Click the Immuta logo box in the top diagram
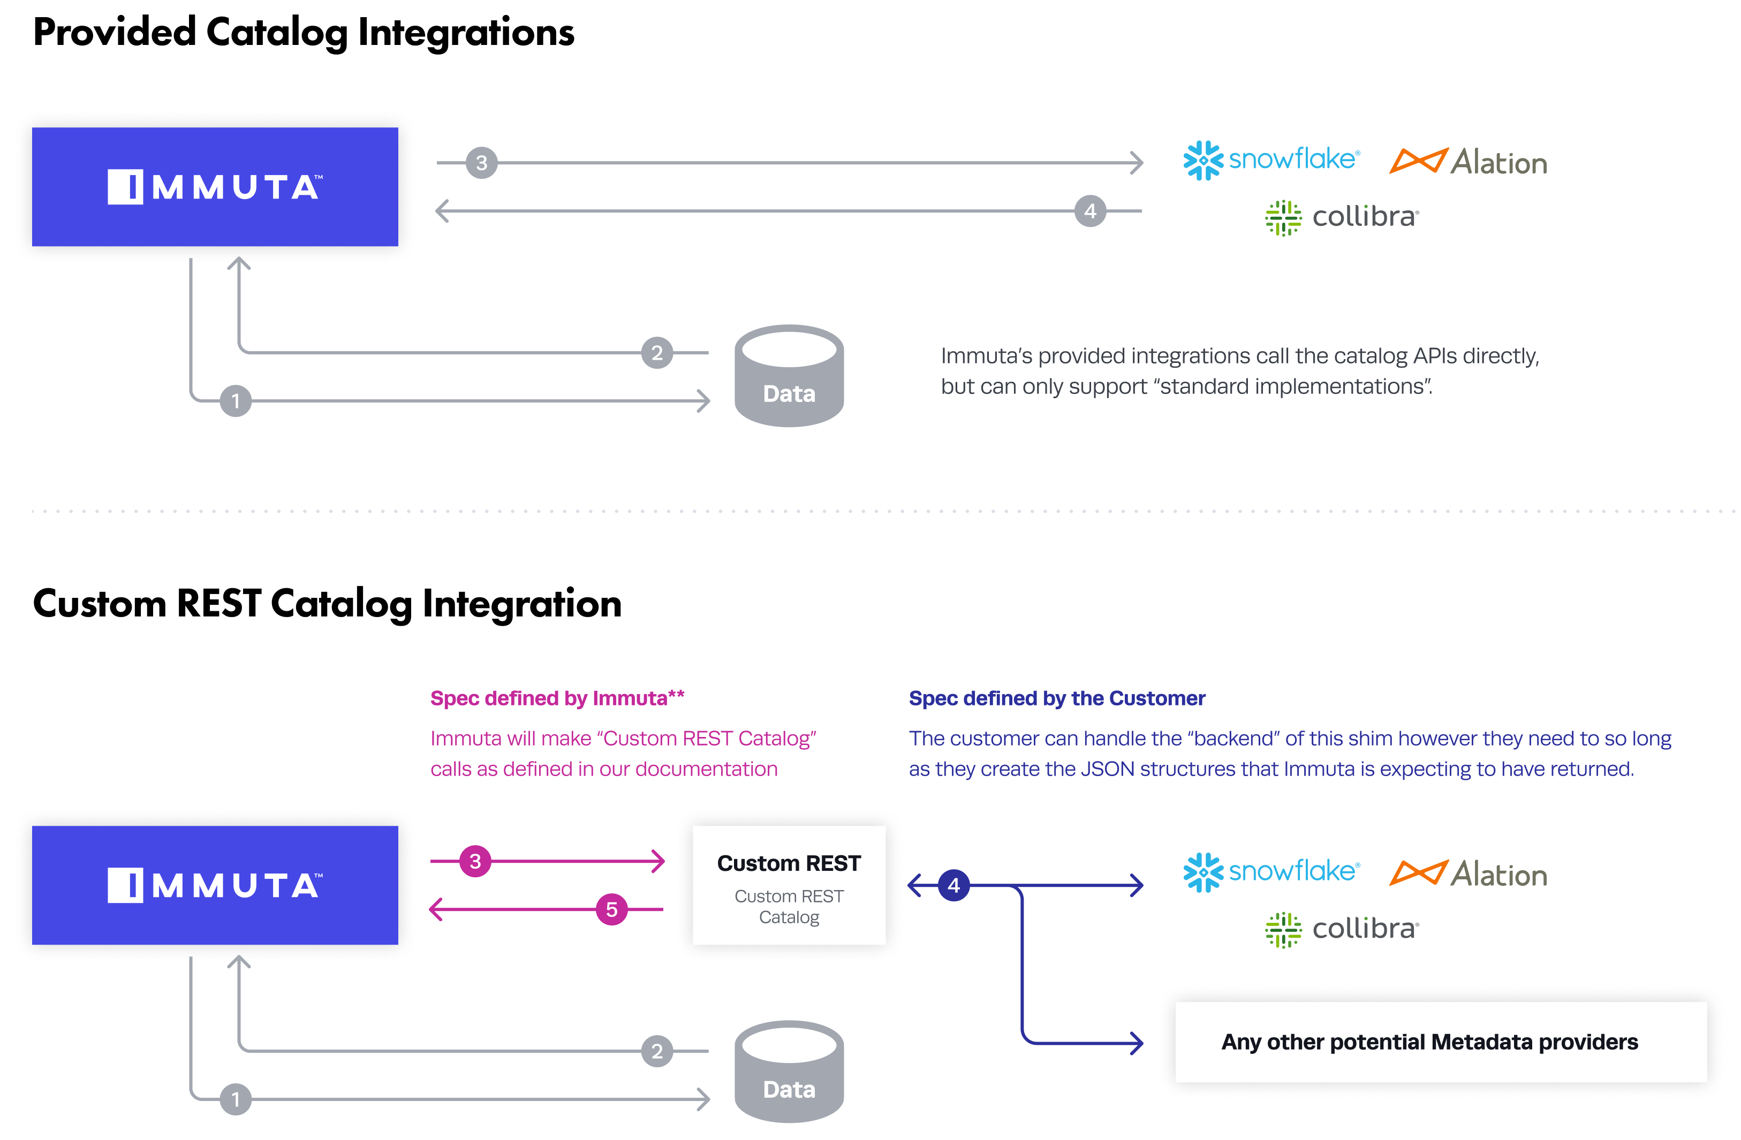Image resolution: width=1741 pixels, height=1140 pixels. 215,187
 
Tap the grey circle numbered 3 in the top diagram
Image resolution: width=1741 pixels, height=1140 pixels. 481,162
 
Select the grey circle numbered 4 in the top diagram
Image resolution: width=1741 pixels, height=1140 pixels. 1090,211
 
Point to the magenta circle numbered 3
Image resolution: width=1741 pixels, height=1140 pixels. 475,861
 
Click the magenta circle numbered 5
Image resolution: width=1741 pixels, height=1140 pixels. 611,910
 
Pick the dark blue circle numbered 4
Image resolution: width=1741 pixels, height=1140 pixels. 953,886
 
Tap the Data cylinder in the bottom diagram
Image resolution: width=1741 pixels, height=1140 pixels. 789,1072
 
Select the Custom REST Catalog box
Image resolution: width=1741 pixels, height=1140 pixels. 789,886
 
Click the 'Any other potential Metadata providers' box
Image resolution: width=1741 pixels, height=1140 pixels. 1440,1042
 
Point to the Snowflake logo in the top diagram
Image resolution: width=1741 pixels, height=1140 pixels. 1271,159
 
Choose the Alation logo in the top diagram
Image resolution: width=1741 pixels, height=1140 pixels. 1467,162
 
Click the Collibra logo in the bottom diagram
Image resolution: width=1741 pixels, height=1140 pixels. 1342,930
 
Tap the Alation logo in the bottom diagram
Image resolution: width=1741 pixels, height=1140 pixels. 1467,874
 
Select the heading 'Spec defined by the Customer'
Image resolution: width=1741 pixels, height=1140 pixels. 1056,698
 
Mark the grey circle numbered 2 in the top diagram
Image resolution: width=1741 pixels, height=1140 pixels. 657,353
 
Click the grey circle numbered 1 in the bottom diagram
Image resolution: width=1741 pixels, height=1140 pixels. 236,1099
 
